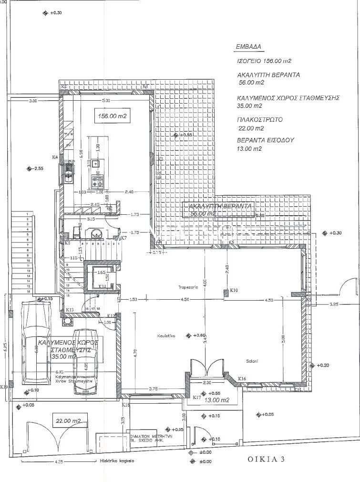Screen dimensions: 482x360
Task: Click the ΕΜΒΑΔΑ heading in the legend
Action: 248,47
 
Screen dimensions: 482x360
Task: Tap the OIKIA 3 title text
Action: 266,460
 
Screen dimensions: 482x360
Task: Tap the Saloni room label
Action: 252,361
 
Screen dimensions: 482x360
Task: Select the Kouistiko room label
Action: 165,336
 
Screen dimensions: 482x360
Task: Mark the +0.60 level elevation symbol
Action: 189,335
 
